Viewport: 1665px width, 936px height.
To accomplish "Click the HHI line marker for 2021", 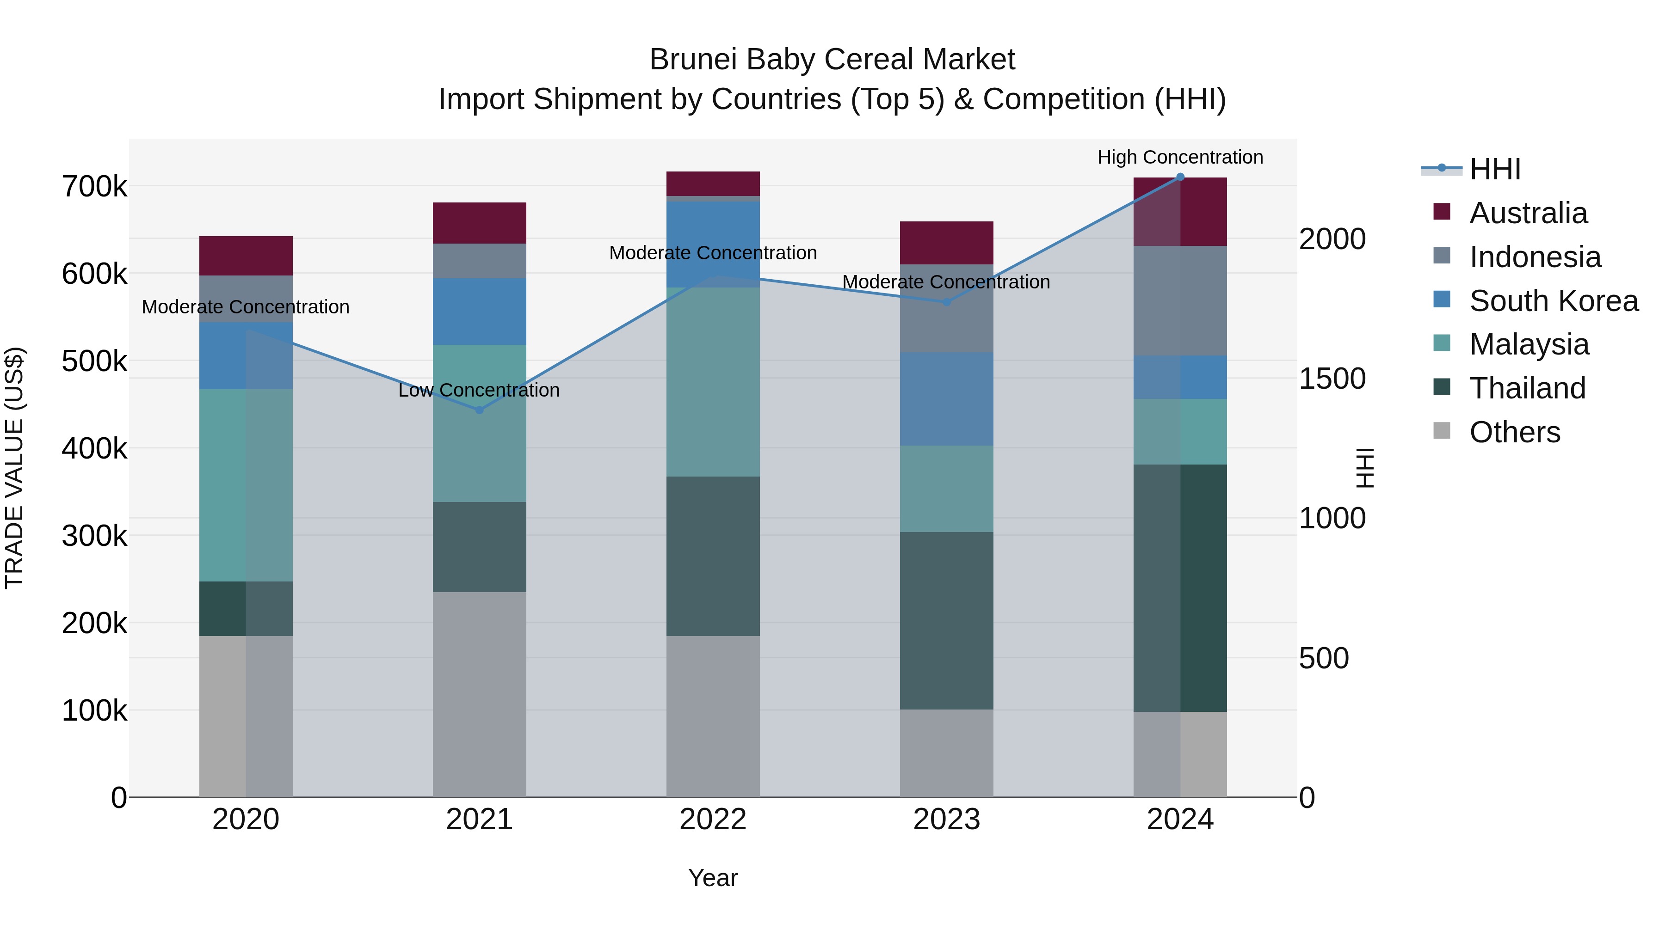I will click(x=480, y=410).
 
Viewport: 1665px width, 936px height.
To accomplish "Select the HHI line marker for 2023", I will click(x=947, y=302).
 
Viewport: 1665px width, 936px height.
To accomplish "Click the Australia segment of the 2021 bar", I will click(x=480, y=223).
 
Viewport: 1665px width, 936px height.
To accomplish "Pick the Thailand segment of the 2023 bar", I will click(x=947, y=620).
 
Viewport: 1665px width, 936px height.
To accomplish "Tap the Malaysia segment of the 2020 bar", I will click(x=246, y=484).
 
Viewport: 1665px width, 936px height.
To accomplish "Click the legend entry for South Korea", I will click(x=1553, y=301).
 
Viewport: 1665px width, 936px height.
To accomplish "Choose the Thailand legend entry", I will click(x=1527, y=388).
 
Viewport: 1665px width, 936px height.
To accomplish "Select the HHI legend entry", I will click(x=1494, y=169).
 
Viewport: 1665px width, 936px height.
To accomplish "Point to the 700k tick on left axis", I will click(x=94, y=187).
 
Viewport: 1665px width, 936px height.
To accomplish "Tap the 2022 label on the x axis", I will click(x=713, y=820).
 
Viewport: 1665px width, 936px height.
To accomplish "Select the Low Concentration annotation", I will click(x=479, y=390).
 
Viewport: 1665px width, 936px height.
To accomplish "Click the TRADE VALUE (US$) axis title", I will click(x=14, y=468).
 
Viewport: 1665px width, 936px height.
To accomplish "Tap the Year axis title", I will click(x=713, y=878).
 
